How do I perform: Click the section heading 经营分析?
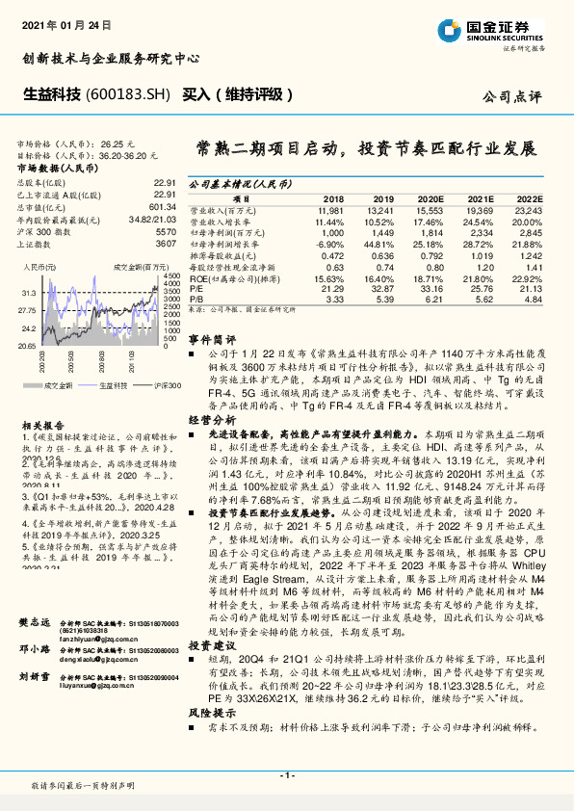211,420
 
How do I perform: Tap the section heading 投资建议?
211,617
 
